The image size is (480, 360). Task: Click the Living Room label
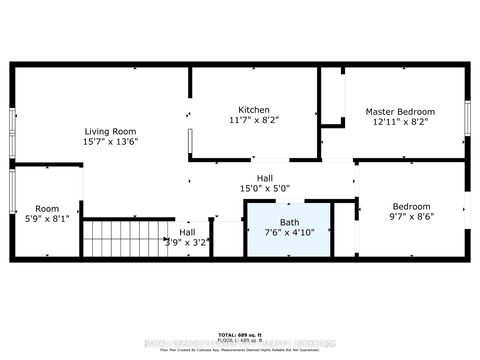click(x=110, y=131)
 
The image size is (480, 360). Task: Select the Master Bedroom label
click(x=400, y=111)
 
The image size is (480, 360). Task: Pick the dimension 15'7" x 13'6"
click(x=110, y=142)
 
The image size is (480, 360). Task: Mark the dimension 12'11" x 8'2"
click(x=400, y=122)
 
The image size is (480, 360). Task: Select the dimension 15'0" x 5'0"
click(x=264, y=188)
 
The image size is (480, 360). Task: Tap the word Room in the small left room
click(x=47, y=208)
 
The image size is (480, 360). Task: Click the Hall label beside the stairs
click(x=187, y=231)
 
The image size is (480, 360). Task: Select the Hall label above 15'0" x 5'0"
click(x=264, y=177)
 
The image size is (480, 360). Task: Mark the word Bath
click(x=289, y=222)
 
